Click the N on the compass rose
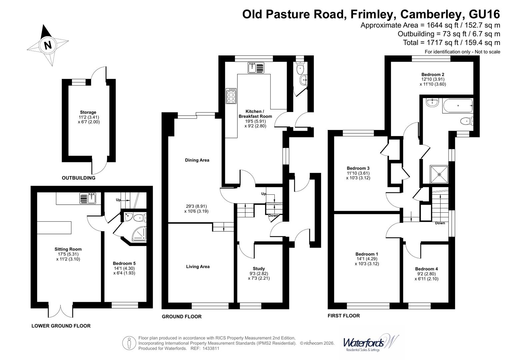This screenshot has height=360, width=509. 48,45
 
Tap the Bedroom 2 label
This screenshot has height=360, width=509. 433,75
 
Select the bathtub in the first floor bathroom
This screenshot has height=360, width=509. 457,106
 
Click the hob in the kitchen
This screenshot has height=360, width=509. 231,96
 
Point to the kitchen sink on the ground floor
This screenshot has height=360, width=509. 256,68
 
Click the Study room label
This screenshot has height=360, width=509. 259,268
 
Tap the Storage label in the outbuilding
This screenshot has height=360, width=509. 88,112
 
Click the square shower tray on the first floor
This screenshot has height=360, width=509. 439,174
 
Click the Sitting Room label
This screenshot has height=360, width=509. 68,249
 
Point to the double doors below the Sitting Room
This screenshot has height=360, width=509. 61,310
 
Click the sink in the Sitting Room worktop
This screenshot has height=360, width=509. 88,198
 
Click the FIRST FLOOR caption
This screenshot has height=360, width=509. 344,315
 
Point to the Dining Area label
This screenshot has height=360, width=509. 197,160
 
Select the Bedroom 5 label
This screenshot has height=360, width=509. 124,263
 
